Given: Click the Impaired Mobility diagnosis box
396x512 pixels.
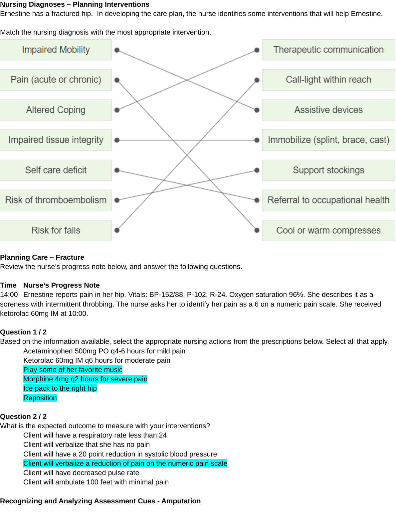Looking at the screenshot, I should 56,50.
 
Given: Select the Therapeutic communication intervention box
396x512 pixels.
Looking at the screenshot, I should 328,50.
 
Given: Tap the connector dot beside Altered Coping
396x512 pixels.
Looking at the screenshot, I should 117,110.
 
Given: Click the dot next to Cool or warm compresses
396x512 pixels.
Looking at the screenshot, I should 257,230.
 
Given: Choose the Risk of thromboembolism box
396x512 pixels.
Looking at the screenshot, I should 56,200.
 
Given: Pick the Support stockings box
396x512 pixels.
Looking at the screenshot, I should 328,170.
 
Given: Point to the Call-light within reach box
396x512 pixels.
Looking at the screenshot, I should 328,80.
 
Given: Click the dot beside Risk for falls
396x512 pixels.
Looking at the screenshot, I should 117,230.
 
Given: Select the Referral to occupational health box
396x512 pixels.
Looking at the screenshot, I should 328,200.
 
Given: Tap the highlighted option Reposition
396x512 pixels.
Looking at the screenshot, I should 40,398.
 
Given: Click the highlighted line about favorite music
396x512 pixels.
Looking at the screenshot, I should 73,370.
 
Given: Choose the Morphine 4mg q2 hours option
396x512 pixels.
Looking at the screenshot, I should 85,379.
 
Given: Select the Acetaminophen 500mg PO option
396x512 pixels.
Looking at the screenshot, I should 104,351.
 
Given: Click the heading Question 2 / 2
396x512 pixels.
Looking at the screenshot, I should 23,417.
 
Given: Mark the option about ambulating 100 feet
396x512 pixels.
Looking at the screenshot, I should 96,482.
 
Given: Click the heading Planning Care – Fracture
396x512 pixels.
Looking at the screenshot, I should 42,257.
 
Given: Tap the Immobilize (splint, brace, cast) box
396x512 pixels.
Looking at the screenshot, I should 328,140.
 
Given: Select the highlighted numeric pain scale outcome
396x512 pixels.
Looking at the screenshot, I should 125,463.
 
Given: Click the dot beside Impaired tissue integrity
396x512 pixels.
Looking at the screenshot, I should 117,140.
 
